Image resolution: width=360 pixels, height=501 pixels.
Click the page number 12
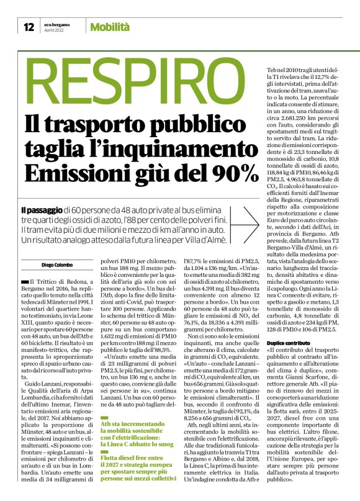coord(29,27)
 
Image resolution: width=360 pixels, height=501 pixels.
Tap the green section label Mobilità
coord(110,27)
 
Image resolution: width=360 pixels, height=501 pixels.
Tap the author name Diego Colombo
coord(40,247)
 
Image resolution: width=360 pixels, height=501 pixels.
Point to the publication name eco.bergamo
coord(55,24)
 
